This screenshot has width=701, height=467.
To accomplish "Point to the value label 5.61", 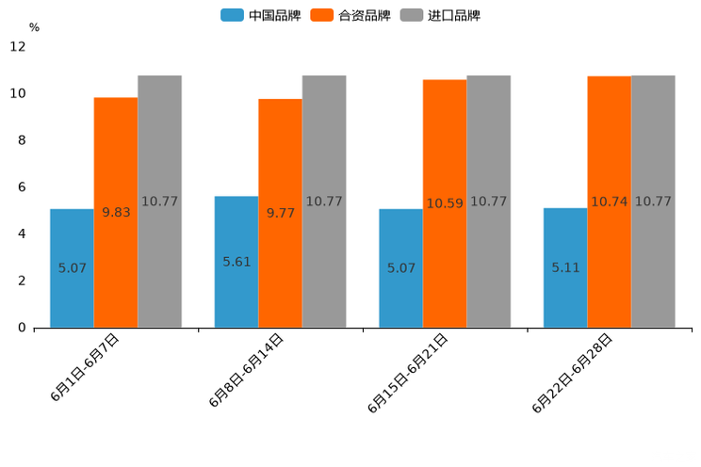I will click(236, 262).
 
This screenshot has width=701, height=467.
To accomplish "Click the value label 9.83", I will click(116, 213).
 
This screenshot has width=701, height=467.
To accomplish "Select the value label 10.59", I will click(445, 203).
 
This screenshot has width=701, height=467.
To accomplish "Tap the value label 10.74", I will click(609, 201).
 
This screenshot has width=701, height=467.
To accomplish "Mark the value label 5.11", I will click(565, 267).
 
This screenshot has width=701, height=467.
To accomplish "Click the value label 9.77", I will click(281, 214).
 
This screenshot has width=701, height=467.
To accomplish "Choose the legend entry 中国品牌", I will click(261, 15).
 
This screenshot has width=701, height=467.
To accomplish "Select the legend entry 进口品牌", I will click(440, 15).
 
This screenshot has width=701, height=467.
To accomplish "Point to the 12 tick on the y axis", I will click(18, 46).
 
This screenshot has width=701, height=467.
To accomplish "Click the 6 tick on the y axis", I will click(22, 187).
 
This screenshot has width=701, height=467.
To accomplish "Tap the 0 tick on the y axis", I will click(22, 328).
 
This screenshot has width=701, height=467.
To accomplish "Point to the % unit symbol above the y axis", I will click(34, 28).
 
